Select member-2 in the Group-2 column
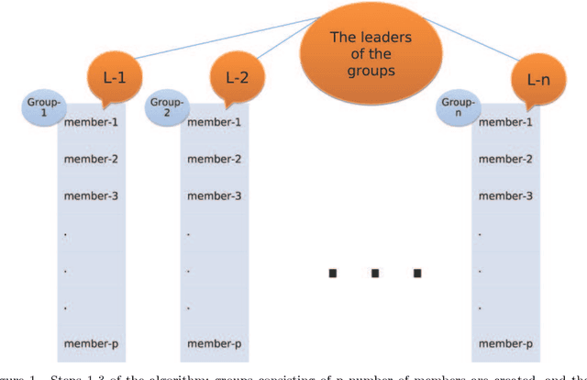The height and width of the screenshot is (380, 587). pos(214,159)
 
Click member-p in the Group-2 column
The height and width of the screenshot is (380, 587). pos(214,344)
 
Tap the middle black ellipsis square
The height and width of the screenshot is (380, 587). pos(375,273)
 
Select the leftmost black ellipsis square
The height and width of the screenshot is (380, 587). pos(332,273)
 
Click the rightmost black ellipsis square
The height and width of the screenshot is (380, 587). pos(417,273)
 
